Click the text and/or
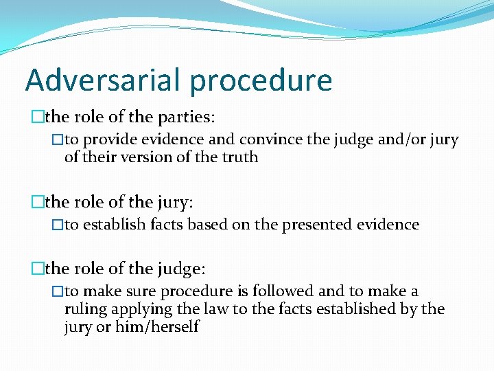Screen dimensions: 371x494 coord(403,139)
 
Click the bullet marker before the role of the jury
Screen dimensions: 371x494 coord(37,202)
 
